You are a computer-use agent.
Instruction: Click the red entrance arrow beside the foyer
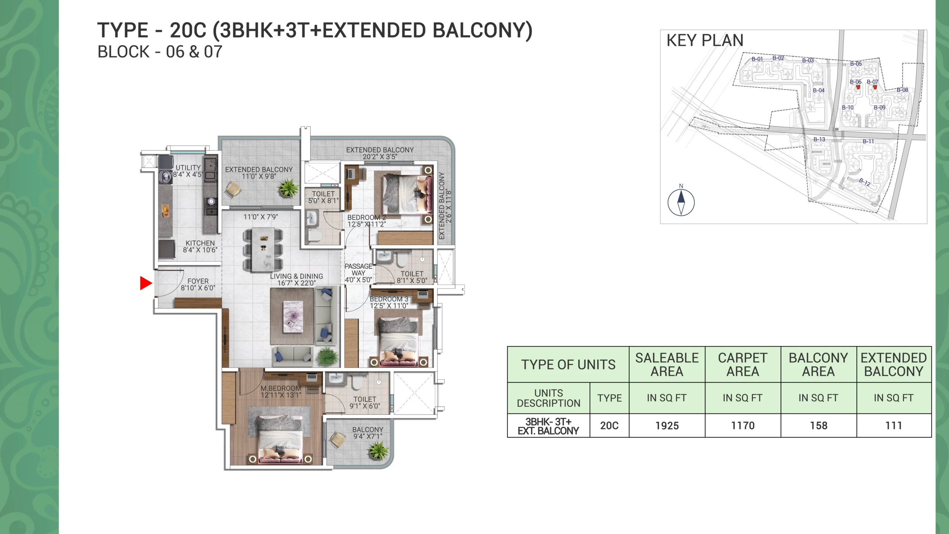145,283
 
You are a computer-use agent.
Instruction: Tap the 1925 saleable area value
667,426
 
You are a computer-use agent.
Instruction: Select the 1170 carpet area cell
743,426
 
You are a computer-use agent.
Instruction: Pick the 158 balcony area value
819,426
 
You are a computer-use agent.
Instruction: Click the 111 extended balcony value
894,426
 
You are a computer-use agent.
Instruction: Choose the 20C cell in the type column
609,426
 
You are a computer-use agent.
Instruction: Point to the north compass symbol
681,202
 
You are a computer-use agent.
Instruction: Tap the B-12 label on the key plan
865,182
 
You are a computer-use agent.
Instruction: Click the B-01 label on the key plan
757,59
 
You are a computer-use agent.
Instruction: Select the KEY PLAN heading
705,40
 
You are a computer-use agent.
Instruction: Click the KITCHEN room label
200,243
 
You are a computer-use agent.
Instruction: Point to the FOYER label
198,281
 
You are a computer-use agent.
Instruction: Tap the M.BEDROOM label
281,388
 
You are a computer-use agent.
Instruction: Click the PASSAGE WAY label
358,270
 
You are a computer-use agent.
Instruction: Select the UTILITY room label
188,168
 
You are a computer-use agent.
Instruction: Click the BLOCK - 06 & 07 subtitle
160,52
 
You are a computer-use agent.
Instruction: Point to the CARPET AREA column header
743,365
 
